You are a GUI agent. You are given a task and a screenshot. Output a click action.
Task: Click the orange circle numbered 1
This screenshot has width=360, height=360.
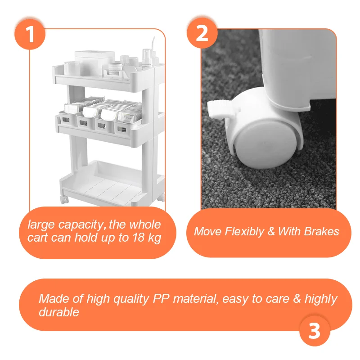coord(30,35)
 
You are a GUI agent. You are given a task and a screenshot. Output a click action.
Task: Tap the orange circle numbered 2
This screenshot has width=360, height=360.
coord(202,33)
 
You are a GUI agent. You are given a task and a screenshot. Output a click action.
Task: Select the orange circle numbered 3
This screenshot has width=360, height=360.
coord(315,331)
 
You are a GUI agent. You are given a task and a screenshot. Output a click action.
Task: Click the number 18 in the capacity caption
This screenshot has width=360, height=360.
coord(139,238)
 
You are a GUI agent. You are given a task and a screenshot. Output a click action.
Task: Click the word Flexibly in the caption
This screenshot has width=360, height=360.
coord(244,231)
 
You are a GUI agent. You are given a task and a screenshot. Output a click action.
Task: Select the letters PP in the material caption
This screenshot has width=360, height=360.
coord(162,298)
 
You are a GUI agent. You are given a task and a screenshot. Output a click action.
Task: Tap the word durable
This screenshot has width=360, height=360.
coord(59,312)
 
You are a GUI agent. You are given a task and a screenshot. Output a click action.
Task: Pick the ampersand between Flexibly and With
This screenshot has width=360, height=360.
coord(271,231)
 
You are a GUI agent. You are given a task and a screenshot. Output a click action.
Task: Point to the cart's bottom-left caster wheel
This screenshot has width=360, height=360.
coord(64,200)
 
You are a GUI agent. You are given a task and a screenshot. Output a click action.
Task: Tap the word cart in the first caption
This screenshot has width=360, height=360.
coord(38,238)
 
